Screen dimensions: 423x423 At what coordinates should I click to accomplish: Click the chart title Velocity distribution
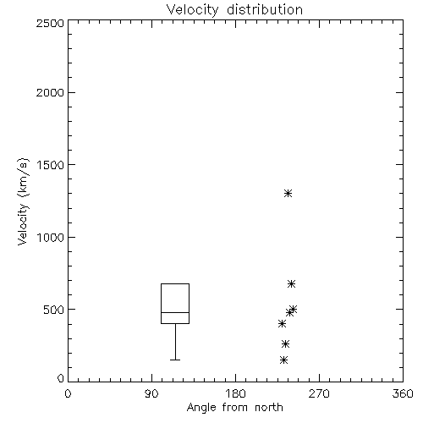[234, 10]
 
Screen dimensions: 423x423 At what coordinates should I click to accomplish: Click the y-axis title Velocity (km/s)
[23, 201]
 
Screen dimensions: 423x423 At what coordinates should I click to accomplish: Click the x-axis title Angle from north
[235, 408]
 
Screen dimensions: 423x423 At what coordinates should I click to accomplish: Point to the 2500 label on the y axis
[50, 23]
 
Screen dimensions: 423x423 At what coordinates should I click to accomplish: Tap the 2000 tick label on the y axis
[50, 92]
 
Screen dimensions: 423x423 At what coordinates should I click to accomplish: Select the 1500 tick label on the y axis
[51, 165]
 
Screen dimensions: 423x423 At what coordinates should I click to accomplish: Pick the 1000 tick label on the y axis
[51, 238]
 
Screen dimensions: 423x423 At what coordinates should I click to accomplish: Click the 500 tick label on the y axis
[54, 310]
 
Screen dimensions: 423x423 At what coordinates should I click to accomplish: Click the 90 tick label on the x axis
[151, 393]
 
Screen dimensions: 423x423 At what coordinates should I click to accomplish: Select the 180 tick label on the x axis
[235, 393]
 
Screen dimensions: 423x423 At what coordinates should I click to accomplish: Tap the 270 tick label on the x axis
[319, 393]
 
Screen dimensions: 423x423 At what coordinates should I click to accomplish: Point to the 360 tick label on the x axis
[403, 393]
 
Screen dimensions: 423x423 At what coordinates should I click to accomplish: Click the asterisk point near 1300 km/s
[288, 194]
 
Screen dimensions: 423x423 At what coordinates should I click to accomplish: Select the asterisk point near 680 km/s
[291, 283]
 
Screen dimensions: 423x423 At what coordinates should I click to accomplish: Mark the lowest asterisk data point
[284, 360]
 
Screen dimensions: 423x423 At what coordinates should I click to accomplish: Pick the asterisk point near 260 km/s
[286, 344]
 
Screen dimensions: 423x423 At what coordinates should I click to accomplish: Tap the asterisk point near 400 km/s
[282, 324]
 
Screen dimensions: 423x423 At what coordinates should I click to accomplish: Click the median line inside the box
[175, 312]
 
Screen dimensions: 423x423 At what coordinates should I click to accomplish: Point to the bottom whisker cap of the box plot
[175, 360]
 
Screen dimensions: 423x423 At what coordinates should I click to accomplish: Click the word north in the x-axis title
[269, 408]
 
